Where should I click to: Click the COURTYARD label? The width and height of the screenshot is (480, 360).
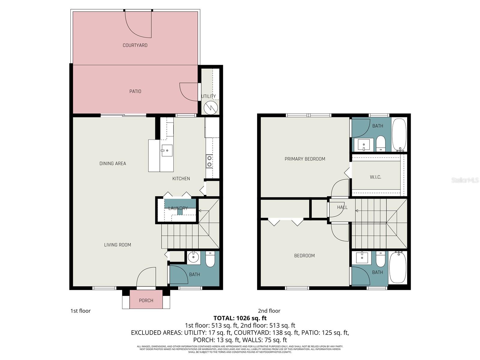(135, 45)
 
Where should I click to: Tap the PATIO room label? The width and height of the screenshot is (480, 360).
(135, 91)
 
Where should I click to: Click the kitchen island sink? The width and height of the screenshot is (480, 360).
(167, 150)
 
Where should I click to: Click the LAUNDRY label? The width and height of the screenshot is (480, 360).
(178, 208)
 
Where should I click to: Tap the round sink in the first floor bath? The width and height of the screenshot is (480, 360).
(194, 257)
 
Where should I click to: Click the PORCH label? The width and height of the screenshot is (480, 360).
(146, 300)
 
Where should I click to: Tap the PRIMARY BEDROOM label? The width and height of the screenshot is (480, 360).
(305, 159)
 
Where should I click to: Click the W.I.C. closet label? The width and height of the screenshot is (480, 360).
(375, 177)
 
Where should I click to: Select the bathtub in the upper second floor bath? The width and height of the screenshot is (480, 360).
(399, 134)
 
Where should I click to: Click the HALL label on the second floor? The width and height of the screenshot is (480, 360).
(342, 207)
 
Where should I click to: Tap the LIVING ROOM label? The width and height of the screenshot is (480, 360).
(118, 245)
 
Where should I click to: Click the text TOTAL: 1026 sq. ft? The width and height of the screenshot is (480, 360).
(240, 318)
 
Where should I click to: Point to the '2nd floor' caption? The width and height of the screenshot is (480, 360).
(269, 311)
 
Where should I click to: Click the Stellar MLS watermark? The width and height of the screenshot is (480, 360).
(465, 180)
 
